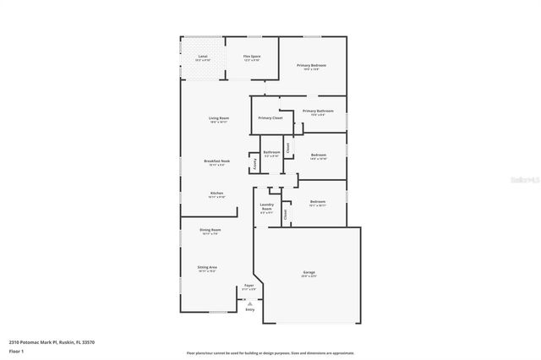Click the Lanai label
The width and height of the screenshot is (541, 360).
pos(203,57)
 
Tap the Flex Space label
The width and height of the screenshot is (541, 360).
pos(252,57)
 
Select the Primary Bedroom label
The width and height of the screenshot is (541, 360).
pos(311,65)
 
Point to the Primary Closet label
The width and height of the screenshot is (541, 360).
pos(270,118)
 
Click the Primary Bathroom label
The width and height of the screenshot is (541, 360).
pos(318,112)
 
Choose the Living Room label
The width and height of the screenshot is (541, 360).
pos(220,117)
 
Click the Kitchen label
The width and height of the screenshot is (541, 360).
pos(217,193)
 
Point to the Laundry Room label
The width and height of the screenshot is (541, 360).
pos(266,208)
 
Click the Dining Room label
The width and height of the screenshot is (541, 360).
pos(210,230)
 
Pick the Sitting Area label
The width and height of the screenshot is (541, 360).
pos(208,267)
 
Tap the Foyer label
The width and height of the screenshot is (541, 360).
pos(249,286)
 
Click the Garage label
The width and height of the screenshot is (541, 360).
pos(309,272)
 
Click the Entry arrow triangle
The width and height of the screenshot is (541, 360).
pos(249,303)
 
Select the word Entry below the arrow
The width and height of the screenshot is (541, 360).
pos(249,310)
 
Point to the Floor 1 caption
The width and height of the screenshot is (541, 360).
pos(17,350)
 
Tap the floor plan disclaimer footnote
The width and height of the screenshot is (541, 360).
pos(270,352)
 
